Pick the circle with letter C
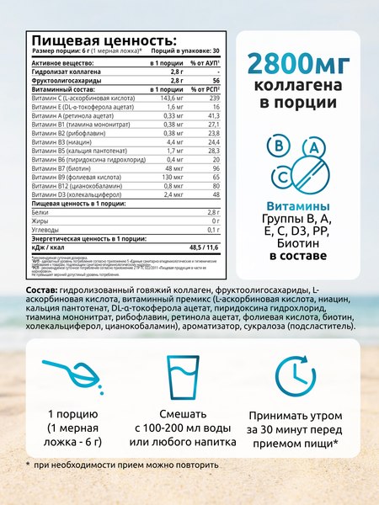click(x=285, y=176)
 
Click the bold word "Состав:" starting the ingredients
click(x=42, y=290)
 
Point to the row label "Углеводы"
click(x=46, y=227)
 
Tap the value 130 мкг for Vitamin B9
click(x=172, y=156)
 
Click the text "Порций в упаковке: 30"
click(x=179, y=51)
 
